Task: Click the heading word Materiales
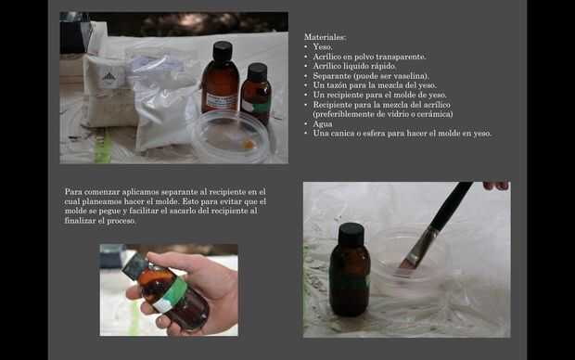[325, 37]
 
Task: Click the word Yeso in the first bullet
[322, 47]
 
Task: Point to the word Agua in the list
[323, 124]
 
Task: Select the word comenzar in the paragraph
[102, 192]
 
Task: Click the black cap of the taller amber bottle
[223, 50]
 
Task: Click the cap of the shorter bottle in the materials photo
[258, 71]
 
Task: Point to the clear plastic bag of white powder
[163, 99]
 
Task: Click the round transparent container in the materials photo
[231, 136]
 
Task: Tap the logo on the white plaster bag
[109, 77]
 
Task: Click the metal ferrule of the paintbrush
[422, 245]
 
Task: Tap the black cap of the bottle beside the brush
[351, 233]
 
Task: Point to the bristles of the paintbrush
[407, 264]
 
